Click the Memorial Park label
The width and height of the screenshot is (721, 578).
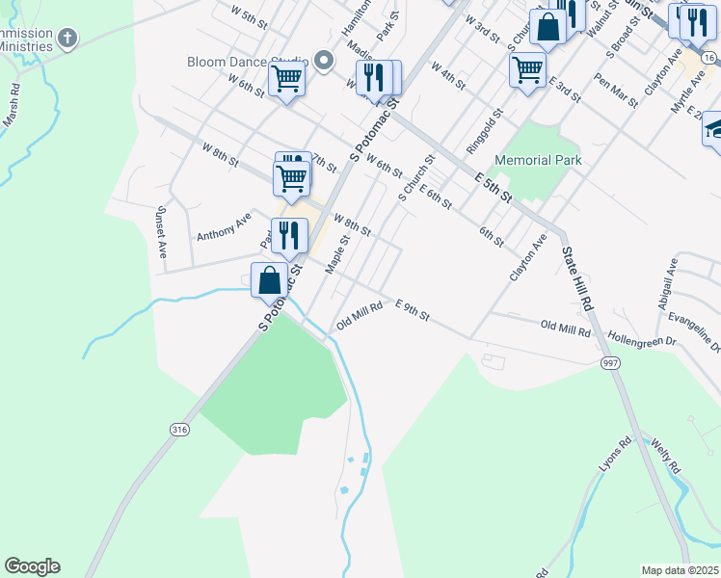point(538,160)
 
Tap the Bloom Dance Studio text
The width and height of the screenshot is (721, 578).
point(247,63)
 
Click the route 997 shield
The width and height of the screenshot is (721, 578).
point(609,363)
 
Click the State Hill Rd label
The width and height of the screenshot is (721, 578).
point(575,279)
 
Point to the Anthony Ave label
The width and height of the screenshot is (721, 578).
point(223,227)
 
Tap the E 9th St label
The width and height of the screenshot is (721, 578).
point(412,309)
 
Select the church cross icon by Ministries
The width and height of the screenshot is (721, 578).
point(67,39)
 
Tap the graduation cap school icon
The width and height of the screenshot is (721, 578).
point(714,129)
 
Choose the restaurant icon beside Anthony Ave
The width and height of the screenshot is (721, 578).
point(289,235)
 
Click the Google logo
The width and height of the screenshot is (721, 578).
point(32,566)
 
